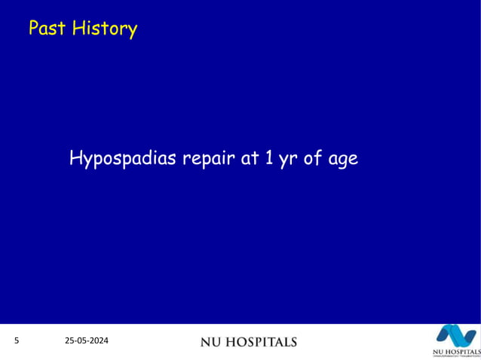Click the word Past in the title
point(47,29)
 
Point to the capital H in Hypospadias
point(75,159)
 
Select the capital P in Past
point(34,29)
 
